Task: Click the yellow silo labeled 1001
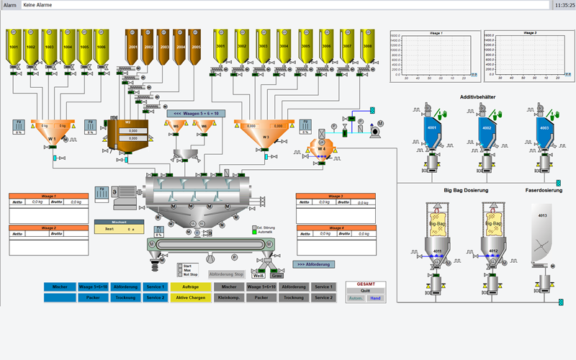click(x=14, y=47)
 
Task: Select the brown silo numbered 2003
click(x=165, y=47)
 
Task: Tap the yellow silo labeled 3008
click(x=368, y=47)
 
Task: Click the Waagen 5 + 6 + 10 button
click(x=195, y=112)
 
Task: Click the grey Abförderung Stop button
click(x=226, y=274)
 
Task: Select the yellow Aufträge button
click(x=191, y=287)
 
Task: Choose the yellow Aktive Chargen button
click(x=191, y=297)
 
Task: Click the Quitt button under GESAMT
click(x=366, y=291)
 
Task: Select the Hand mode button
click(x=375, y=298)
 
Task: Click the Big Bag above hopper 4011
click(x=437, y=222)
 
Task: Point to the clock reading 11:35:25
click(x=564, y=5)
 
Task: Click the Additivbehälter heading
click(x=487, y=96)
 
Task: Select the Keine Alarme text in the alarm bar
click(x=37, y=5)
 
